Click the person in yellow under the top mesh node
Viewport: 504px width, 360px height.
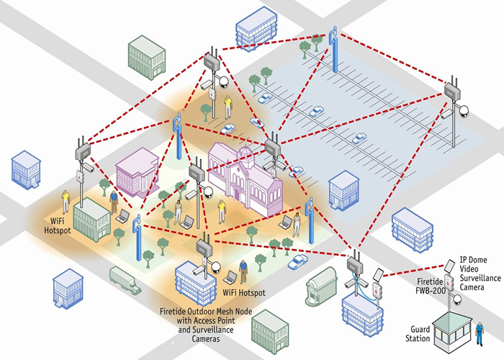coord(228,105)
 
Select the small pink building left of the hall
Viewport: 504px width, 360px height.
coord(137,170)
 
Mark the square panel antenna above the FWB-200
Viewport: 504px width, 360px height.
coord(379,274)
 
